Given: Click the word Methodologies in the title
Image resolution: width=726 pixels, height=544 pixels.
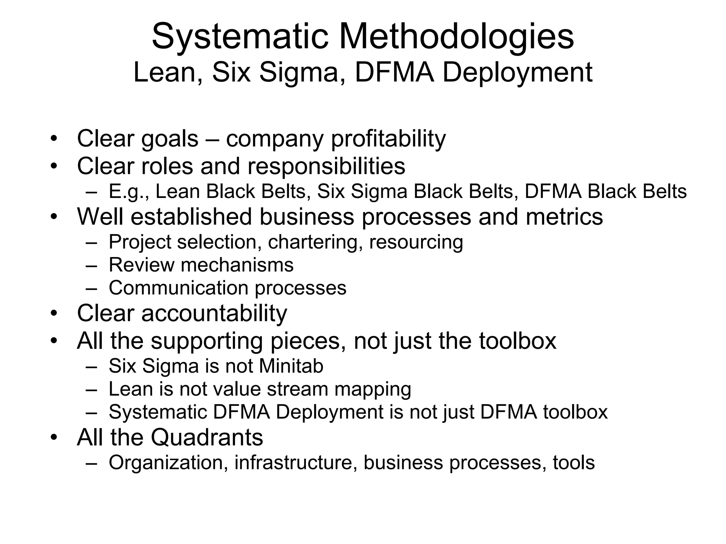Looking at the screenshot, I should pyautogui.click(x=457, y=36).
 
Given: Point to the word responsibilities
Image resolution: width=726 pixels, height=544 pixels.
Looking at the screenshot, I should pyautogui.click(x=326, y=166).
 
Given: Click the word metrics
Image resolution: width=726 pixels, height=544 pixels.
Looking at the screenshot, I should pyautogui.click(x=564, y=216).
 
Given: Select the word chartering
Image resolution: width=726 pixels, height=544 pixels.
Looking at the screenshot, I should pyautogui.click(x=315, y=242).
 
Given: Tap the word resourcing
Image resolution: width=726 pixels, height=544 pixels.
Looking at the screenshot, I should pyautogui.click(x=416, y=243).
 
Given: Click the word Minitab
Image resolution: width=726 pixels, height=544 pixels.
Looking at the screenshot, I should pyautogui.click(x=291, y=366).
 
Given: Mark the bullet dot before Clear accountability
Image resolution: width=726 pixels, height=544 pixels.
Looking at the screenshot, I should pyautogui.click(x=54, y=313).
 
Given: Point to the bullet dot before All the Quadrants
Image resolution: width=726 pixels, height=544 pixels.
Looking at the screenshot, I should pyautogui.click(x=54, y=437).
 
